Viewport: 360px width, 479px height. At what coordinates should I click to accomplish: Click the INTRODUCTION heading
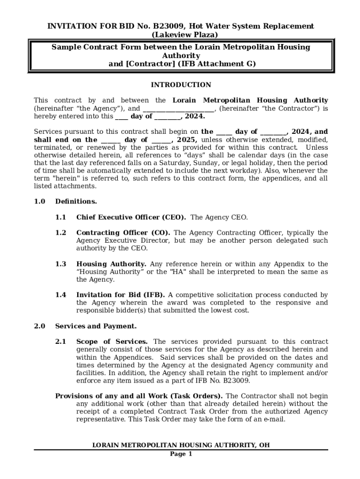click(x=180, y=85)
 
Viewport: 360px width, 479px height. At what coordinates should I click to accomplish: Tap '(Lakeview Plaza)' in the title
click(x=180, y=35)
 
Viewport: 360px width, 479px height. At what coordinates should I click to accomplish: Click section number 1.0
click(x=39, y=202)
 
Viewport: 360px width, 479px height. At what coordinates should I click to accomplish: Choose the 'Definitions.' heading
click(x=76, y=202)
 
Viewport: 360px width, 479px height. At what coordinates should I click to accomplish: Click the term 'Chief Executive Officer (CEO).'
click(x=131, y=217)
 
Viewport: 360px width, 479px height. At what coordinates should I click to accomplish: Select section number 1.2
click(x=60, y=232)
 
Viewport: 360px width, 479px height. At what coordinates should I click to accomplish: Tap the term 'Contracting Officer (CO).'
click(x=123, y=232)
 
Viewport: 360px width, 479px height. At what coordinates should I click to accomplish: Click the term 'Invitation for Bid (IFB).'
click(x=120, y=295)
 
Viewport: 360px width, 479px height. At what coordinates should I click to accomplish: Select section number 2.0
click(x=39, y=326)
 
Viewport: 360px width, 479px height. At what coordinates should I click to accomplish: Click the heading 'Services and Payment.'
click(x=96, y=326)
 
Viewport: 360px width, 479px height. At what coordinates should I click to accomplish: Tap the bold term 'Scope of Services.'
click(x=112, y=341)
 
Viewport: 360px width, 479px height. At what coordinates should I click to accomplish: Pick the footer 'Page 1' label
click(x=180, y=454)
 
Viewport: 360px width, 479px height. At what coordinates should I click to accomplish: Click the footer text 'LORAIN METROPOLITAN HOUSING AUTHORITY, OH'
click(x=180, y=445)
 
